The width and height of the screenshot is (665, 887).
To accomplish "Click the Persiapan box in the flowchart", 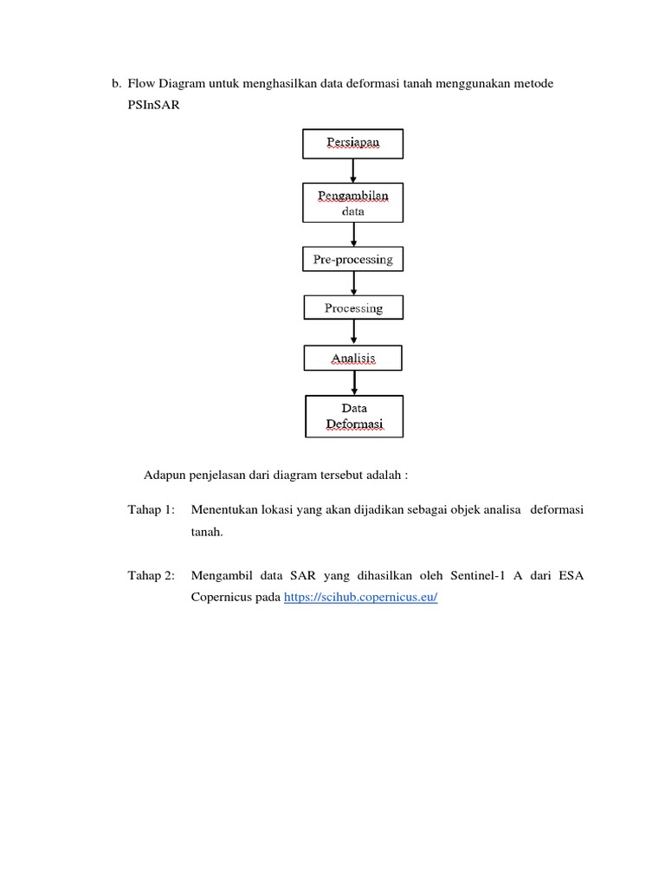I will point(352,144).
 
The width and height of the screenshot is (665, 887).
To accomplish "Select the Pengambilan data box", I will point(352,202).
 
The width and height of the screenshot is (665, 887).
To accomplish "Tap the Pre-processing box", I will point(353,259).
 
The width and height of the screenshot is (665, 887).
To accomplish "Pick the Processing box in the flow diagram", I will point(353,308).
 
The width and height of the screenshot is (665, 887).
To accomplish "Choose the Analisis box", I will point(353,358).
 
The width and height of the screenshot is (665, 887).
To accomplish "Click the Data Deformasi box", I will point(354,416).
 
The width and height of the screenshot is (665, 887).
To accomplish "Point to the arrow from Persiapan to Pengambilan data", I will point(353,170).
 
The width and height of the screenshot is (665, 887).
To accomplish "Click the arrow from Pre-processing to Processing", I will point(353,283).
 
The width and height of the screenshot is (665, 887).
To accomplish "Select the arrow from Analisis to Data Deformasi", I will point(354,383).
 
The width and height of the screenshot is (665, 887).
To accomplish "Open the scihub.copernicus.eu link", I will point(361,599).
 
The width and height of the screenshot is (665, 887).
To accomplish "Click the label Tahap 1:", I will point(151,509).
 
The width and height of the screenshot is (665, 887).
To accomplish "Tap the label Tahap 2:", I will point(151,575).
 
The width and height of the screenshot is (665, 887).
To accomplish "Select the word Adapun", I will point(165,476).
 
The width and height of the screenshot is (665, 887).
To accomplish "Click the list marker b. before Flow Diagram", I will point(115,84).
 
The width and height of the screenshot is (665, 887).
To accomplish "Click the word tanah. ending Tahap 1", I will point(207,533).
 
